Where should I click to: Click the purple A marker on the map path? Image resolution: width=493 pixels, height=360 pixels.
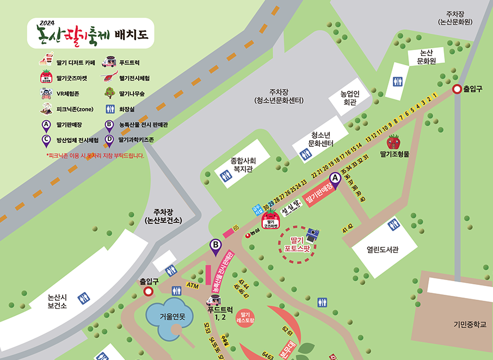[x=335, y=179]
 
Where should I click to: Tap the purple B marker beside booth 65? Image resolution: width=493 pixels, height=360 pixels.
[x=216, y=247]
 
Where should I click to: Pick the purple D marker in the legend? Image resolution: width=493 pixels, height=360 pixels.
[x=109, y=139]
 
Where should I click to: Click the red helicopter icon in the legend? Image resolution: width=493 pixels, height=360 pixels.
[x=109, y=78]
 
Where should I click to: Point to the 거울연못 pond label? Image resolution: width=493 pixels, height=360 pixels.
[x=172, y=316]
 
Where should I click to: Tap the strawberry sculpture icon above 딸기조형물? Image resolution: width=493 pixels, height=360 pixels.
[x=393, y=142]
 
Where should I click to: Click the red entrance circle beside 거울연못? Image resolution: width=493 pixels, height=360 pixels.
[x=148, y=291]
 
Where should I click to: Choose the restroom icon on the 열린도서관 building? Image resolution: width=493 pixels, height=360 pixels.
[x=393, y=225]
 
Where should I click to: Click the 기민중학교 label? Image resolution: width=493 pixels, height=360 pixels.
[x=469, y=325]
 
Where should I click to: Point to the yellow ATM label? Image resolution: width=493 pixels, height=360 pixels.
[x=192, y=285]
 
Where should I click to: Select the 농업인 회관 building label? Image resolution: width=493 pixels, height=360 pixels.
[x=348, y=97]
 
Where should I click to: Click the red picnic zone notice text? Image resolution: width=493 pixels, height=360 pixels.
[x=96, y=156]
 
